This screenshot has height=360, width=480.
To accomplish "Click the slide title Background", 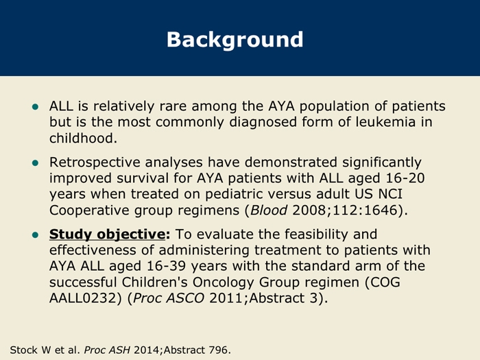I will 235,38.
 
